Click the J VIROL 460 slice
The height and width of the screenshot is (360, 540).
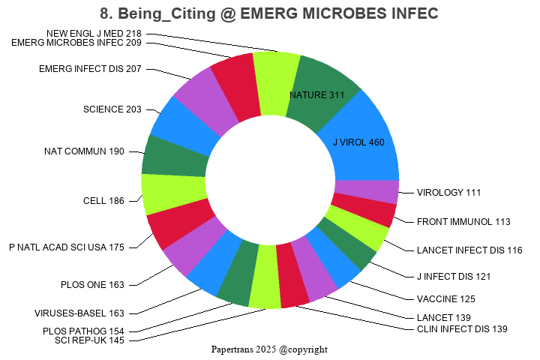tap(360, 142)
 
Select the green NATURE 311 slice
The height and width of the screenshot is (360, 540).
tap(319, 95)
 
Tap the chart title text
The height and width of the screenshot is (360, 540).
tap(269, 13)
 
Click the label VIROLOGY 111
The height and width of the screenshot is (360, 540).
tap(448, 193)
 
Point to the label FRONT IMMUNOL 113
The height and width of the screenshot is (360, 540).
tap(463, 222)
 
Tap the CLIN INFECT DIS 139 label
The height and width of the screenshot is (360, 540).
tap(462, 329)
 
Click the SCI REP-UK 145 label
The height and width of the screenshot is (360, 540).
tap(90, 340)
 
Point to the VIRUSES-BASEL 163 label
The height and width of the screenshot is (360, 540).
tap(79, 313)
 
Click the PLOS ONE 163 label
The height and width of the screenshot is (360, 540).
tap(93, 284)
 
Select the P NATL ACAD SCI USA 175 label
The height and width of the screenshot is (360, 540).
tap(67, 247)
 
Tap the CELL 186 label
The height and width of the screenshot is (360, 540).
tap(103, 201)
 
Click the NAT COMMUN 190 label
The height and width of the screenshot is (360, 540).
tap(84, 151)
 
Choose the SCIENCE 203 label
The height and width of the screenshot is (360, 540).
tap(112, 109)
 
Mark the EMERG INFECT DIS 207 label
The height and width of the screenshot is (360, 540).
tap(90, 69)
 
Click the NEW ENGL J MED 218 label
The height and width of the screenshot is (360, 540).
tap(94, 34)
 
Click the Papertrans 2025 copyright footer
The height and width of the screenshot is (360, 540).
tap(269, 349)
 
